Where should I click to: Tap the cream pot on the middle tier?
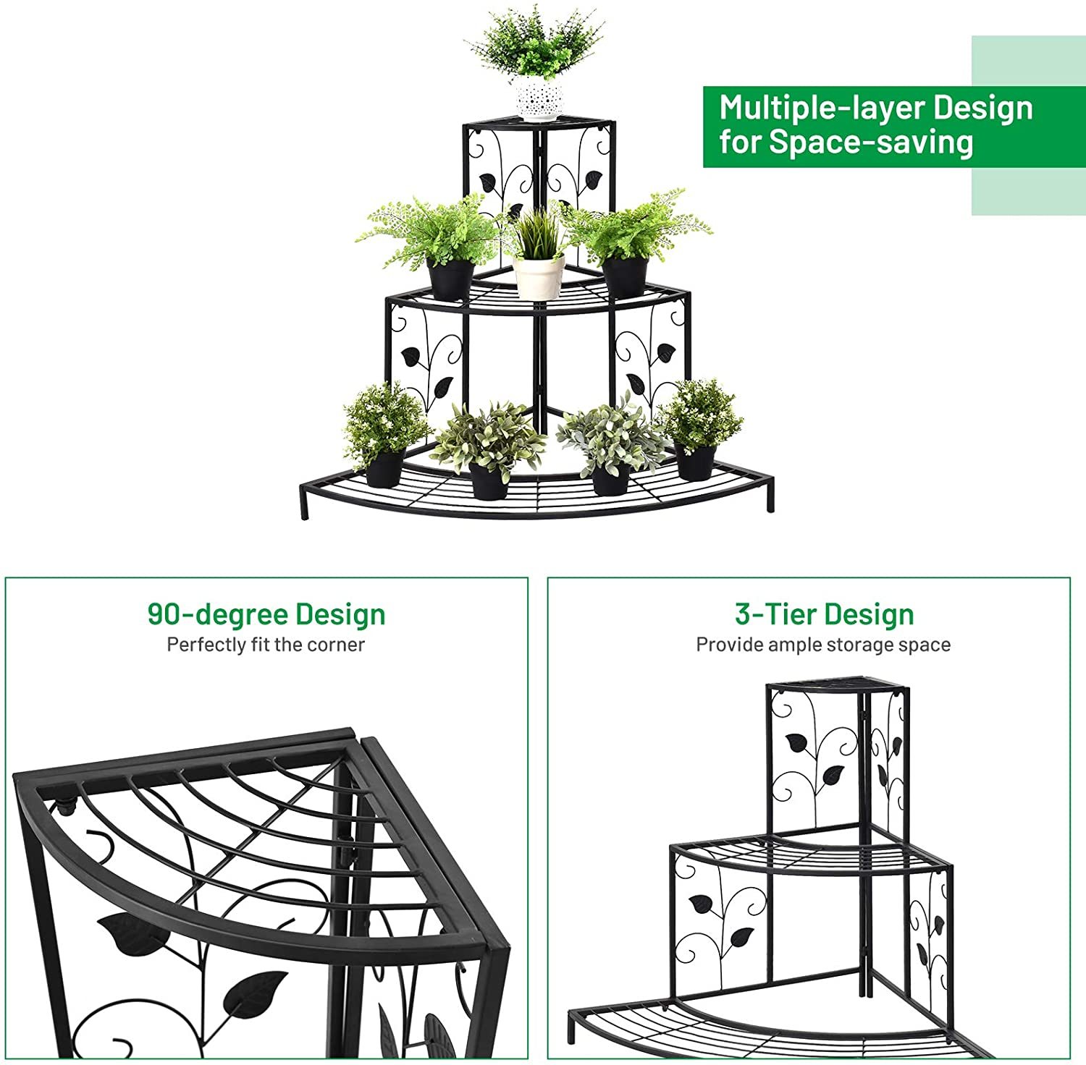539,277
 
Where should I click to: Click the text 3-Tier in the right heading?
772,614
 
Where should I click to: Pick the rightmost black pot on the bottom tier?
696,463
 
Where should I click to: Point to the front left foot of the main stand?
304,506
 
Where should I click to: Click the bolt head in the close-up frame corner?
66,807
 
